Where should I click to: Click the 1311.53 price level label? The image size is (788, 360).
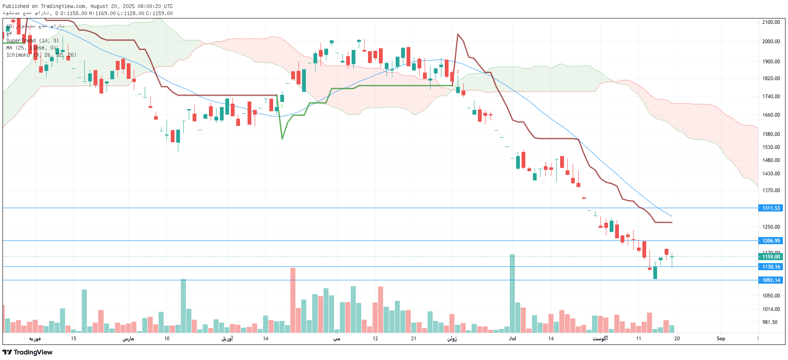tap(771, 208)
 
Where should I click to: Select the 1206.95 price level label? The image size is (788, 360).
tap(771, 241)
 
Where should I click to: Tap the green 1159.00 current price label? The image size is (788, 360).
tap(771, 257)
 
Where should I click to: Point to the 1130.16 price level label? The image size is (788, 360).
tap(771, 267)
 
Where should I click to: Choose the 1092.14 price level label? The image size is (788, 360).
tap(771, 280)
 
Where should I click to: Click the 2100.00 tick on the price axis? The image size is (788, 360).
tap(771, 22)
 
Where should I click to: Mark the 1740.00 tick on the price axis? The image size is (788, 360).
tap(771, 97)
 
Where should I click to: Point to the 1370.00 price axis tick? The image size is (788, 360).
tap(771, 190)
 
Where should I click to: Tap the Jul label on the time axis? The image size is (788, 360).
tap(512, 339)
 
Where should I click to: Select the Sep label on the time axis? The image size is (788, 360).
tap(720, 339)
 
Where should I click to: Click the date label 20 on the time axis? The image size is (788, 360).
tap(677, 339)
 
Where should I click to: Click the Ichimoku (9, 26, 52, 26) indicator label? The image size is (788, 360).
tap(41, 55)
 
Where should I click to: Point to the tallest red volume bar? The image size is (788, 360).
tap(292, 300)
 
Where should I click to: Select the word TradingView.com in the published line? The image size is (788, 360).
tap(63, 6)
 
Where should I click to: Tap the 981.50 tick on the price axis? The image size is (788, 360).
tap(770, 322)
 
